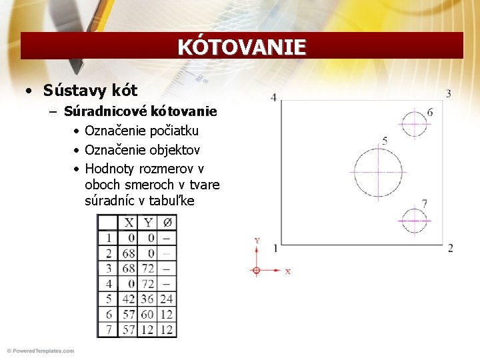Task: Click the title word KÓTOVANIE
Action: [241, 47]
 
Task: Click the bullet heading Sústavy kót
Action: [90, 90]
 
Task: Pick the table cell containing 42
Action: [128, 299]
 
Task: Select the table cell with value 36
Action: [147, 299]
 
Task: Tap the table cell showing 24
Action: [167, 299]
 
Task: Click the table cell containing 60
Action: [147, 314]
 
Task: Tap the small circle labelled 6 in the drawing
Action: [414, 123]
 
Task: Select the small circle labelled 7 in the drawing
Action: [414, 221]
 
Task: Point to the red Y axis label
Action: [257, 240]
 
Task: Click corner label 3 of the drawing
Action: [449, 93]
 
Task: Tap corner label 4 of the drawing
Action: [273, 97]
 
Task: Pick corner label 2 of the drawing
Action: [451, 248]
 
